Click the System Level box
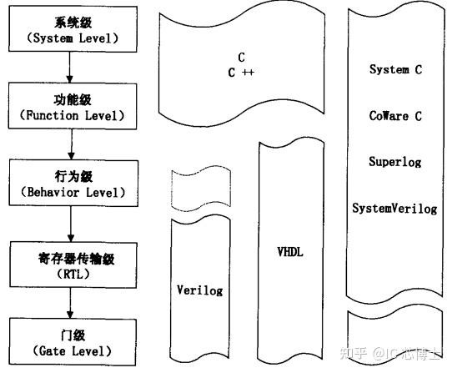(73, 29)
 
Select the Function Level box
(73, 106)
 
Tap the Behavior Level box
(73, 184)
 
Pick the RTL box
(73, 265)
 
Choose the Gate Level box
(73, 342)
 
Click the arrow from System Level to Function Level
(69, 68)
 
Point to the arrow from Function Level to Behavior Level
(72, 144)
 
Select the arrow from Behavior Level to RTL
(71, 224)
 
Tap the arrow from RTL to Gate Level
(70, 303)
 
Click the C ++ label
(241, 73)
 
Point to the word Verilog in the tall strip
(200, 290)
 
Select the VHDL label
(290, 252)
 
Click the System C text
(396, 69)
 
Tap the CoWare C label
(395, 116)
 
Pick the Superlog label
(395, 162)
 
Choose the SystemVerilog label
(394, 209)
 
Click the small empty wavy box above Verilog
(201, 188)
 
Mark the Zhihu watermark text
(390, 353)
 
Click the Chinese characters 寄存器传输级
(77, 259)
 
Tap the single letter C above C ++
(242, 58)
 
